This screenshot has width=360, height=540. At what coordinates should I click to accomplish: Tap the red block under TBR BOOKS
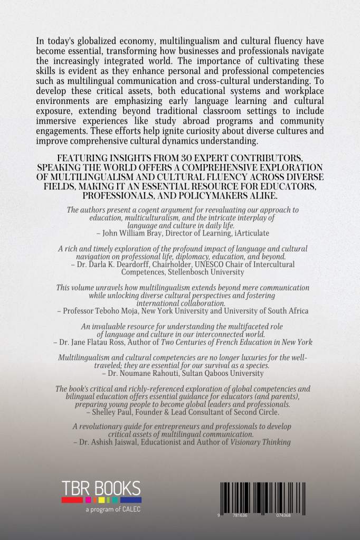(x=69, y=500)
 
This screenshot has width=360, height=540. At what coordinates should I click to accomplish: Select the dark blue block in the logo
(x=130, y=500)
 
